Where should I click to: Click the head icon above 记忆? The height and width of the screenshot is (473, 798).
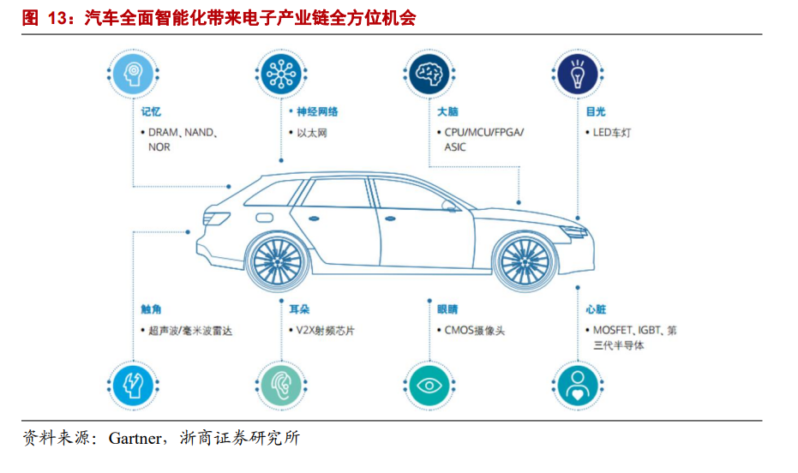pyautogui.click(x=133, y=75)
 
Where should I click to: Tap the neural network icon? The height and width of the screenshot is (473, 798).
pyautogui.click(x=280, y=75)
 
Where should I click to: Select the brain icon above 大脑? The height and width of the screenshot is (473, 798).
pyautogui.click(x=429, y=75)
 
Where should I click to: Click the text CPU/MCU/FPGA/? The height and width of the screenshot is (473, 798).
pyautogui.click(x=483, y=133)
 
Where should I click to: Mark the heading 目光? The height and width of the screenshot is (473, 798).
pyautogui.click(x=595, y=111)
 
